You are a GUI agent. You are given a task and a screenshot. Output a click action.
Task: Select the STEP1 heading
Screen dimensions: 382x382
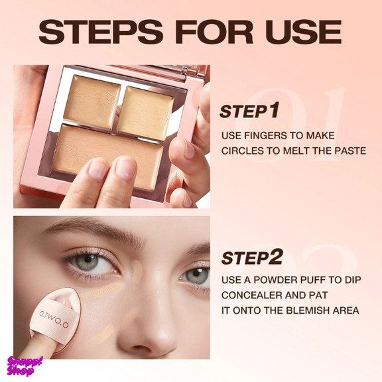(x=249, y=111)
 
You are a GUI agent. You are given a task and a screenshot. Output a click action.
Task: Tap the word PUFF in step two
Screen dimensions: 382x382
(x=312, y=280)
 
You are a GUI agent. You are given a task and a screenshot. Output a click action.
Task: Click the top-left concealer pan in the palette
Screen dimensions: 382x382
(x=93, y=100)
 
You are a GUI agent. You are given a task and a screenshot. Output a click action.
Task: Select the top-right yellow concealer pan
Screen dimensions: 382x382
(x=145, y=113)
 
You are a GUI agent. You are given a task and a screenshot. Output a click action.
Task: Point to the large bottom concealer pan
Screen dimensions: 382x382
(x=107, y=156)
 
